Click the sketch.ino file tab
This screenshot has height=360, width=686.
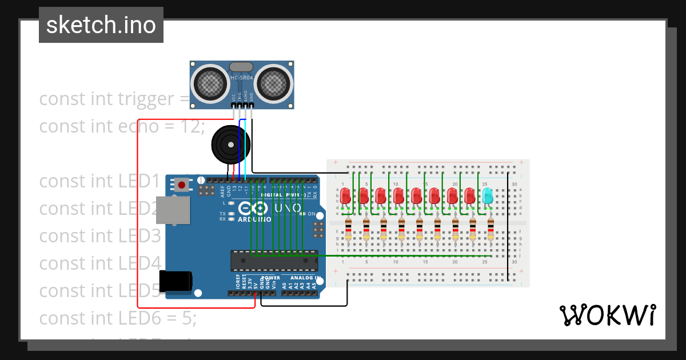point(101,25)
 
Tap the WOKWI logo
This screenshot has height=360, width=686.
point(607,315)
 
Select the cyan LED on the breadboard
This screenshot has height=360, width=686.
point(487,196)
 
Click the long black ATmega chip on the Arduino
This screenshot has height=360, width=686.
point(274,261)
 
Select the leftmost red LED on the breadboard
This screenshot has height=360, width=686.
point(346,196)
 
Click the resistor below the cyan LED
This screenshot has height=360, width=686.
point(490,229)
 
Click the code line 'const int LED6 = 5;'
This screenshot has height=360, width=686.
point(117,318)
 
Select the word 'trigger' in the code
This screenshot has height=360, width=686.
point(145,99)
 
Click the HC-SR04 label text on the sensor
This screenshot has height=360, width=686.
point(242,78)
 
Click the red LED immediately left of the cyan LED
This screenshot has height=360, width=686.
point(469,196)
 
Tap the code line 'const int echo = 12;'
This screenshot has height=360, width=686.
point(122,126)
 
